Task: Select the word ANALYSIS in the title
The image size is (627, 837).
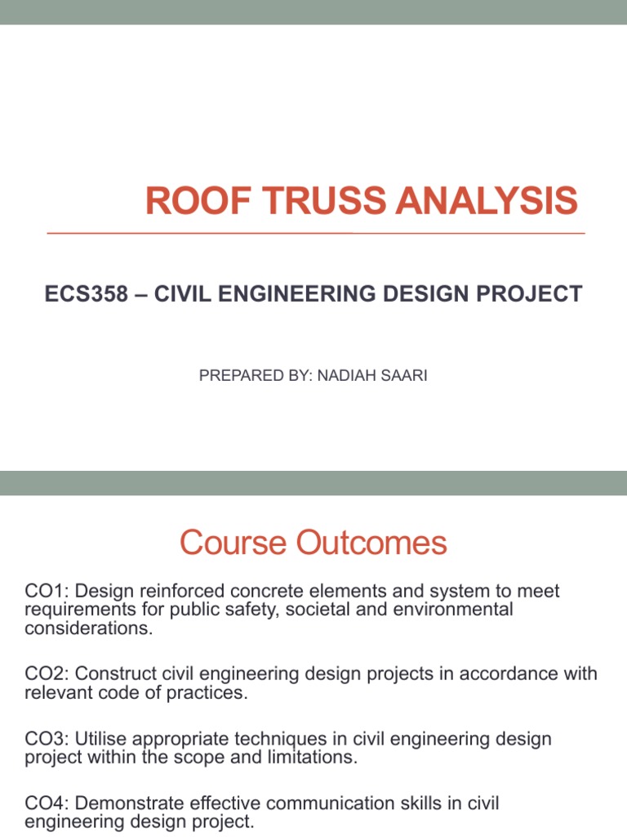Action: [482, 201]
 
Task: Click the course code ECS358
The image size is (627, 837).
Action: [87, 294]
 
